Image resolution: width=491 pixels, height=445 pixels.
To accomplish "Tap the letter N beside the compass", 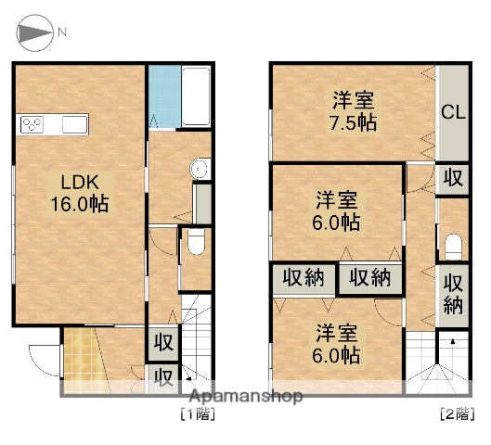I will pos(62,32).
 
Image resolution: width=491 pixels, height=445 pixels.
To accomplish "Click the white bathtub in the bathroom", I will pos(195,97).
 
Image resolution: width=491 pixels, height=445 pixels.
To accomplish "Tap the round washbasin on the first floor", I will pos(198,168).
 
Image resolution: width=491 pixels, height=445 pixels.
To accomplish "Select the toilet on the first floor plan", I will pos(195,244).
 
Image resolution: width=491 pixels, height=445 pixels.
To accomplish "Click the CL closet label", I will pos(453,114).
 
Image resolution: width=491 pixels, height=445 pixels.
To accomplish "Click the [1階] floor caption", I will pos(197,415).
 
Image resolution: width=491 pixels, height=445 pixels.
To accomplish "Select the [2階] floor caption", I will pos(455,415).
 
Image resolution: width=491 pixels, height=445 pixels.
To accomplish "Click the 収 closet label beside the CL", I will pos(453,178).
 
